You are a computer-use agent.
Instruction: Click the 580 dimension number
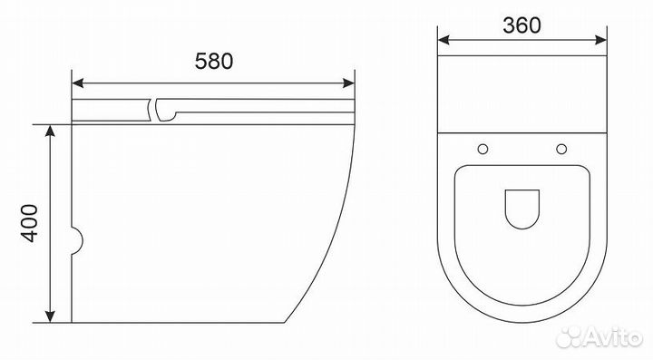coord(214,61)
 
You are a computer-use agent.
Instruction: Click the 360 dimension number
coord(521,25)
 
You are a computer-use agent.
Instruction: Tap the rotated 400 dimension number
coord(30,223)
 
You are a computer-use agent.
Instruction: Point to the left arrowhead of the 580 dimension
coord(78,83)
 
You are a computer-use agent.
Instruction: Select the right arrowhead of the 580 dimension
coord(348,83)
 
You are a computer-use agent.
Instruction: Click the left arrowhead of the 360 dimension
coord(443,40)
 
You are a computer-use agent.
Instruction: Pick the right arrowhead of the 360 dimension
coord(600,40)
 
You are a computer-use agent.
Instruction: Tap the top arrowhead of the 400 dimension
coord(50,131)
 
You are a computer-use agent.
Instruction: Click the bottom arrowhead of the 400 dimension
coord(50,316)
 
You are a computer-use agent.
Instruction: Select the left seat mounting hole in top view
coord(482,149)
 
